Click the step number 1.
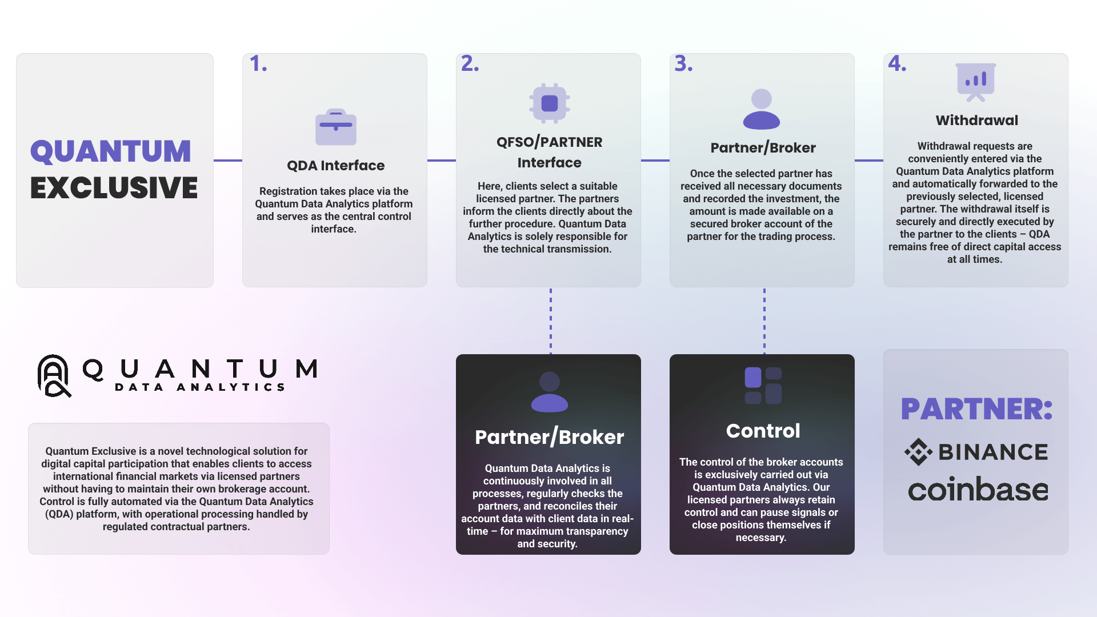click(258, 64)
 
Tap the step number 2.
click(470, 64)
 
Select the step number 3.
click(683, 64)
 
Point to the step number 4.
click(897, 64)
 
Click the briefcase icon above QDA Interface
click(336, 127)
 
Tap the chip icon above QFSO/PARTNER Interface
click(550, 103)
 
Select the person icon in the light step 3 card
click(762, 109)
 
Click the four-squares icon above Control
click(763, 386)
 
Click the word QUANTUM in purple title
click(111, 151)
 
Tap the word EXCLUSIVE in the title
click(114, 188)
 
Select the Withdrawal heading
click(977, 121)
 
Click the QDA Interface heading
click(336, 166)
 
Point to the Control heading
click(763, 431)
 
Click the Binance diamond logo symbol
click(918, 452)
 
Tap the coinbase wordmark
click(978, 490)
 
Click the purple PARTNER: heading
click(977, 409)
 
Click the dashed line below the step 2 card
click(551, 320)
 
